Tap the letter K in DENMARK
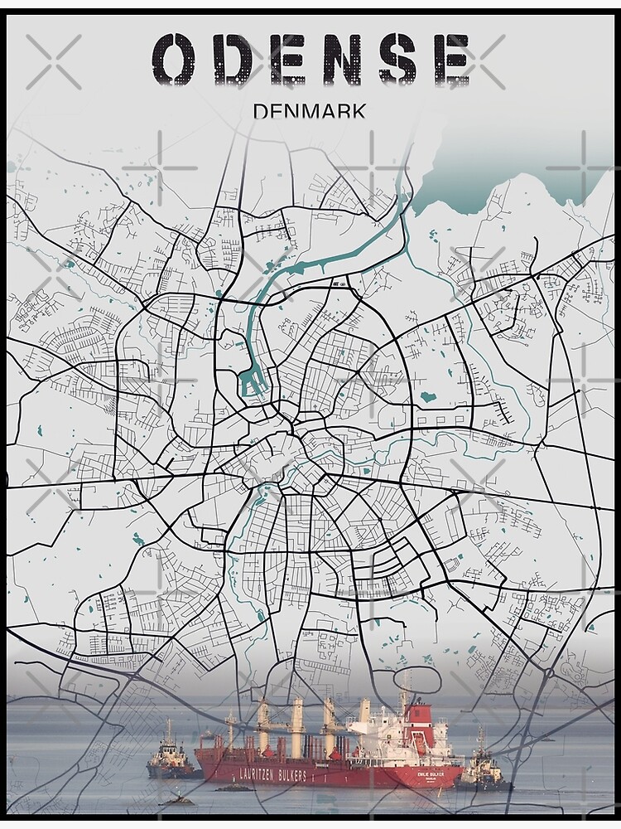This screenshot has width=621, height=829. click(358, 110)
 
